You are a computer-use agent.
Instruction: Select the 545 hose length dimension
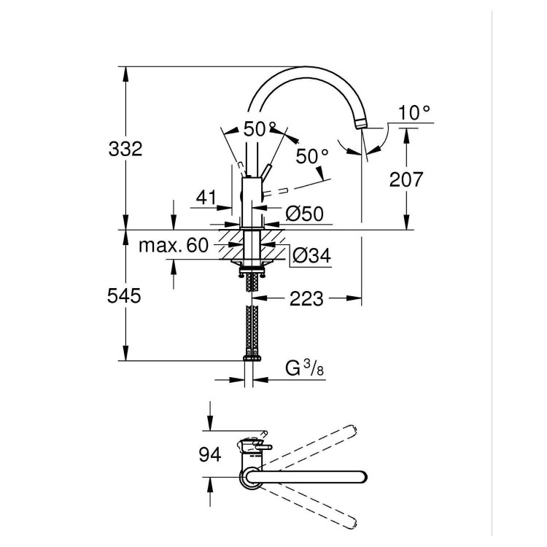tap(126, 296)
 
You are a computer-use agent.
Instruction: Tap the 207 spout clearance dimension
tap(406, 179)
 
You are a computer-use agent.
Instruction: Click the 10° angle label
tap(415, 112)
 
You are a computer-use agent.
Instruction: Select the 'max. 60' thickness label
tap(174, 245)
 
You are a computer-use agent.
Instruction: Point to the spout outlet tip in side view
tap(362, 126)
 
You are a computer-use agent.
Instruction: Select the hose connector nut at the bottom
tap(253, 358)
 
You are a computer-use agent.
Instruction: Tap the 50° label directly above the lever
tap(260, 130)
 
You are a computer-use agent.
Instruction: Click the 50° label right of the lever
tap(312, 157)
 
